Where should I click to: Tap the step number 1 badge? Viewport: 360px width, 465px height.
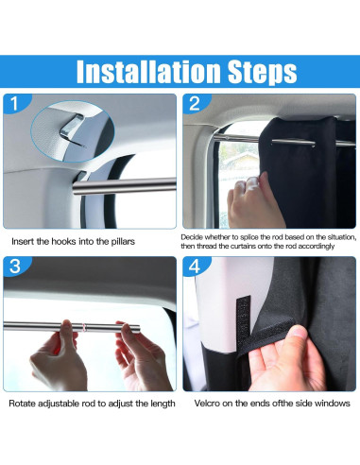14,104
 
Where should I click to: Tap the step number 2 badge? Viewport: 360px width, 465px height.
194,104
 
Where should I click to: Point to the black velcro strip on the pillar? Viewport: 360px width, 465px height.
243,321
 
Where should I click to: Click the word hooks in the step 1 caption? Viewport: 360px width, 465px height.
67,242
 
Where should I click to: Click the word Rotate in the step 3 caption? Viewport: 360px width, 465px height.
25,404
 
